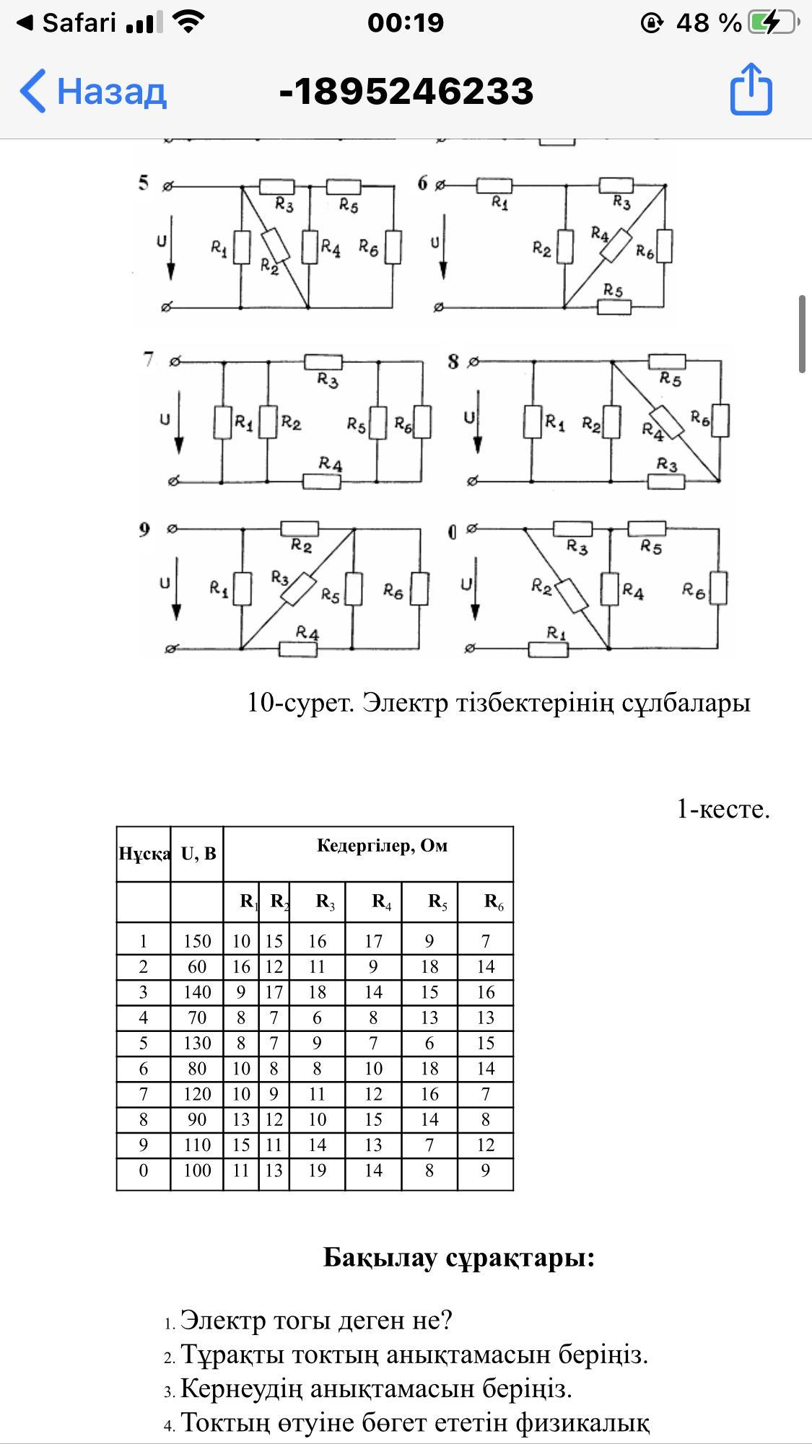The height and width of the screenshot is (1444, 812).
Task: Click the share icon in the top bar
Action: click(751, 89)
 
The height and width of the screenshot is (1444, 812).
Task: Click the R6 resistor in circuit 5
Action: click(393, 247)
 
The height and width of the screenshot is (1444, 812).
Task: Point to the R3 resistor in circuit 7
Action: click(323, 362)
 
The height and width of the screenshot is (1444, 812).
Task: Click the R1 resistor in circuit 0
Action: click(549, 649)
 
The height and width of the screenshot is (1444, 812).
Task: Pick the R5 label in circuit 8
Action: click(671, 380)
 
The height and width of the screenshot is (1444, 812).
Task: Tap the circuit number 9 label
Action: click(145, 530)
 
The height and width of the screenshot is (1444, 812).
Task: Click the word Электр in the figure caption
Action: click(405, 702)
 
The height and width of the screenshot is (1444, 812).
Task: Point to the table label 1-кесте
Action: click(722, 809)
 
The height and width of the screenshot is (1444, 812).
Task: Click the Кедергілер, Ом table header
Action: click(382, 845)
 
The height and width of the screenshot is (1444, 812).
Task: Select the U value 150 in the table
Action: click(197, 941)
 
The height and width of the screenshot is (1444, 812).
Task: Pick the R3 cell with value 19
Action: click(317, 1170)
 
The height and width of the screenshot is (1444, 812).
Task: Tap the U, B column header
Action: click(198, 854)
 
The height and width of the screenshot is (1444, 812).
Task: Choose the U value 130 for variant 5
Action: click(197, 1043)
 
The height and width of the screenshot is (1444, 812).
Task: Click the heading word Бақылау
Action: click(380, 1257)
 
